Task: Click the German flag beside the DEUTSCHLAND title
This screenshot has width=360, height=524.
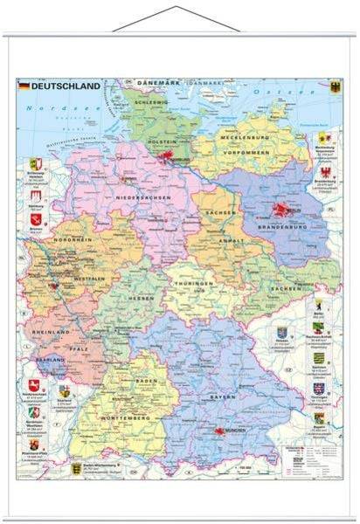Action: tap(24, 86)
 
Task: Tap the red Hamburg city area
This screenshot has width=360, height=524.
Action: tap(170, 158)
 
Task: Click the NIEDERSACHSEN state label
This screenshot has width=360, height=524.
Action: tap(143, 197)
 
